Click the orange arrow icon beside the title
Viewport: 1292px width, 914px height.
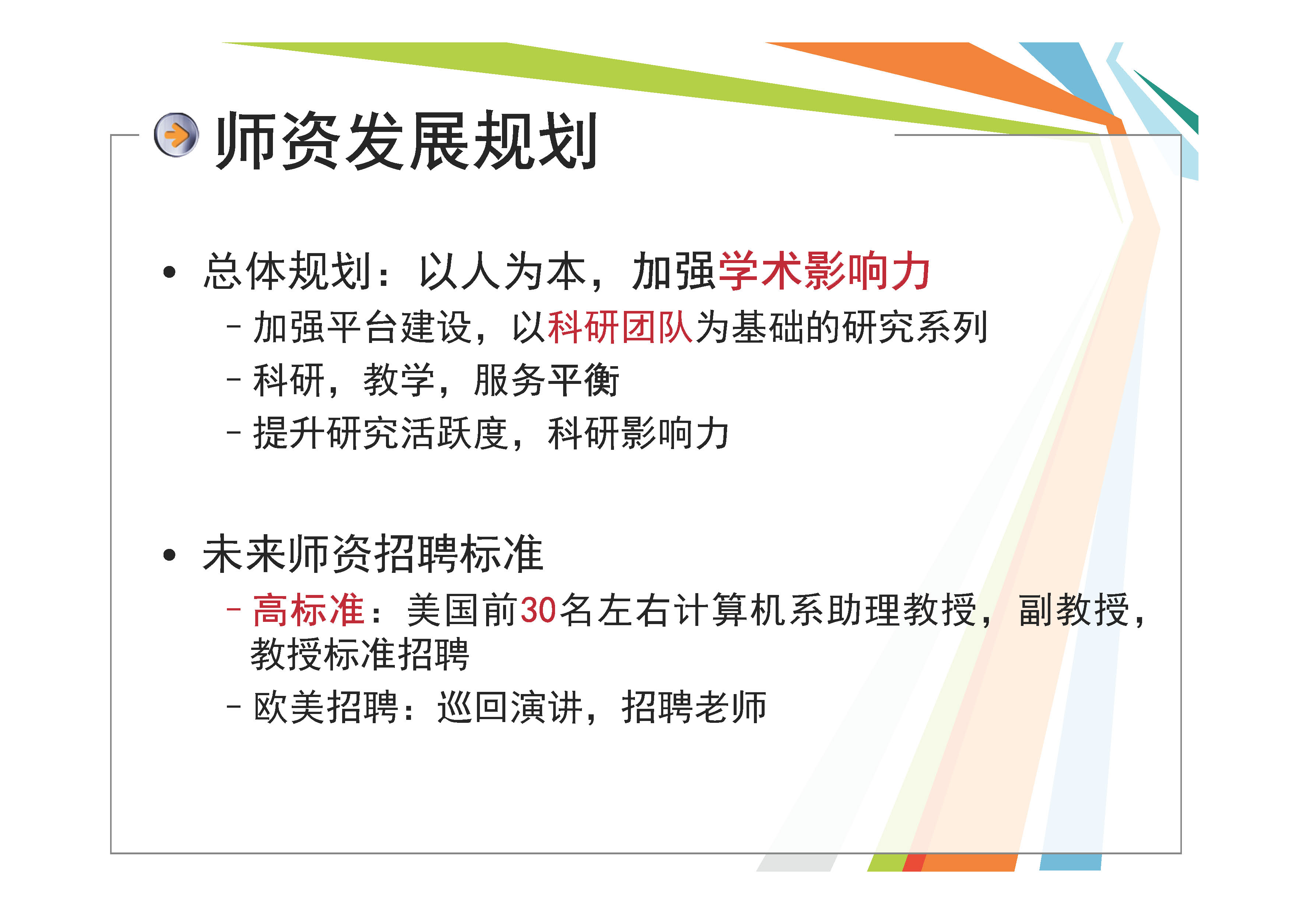click(176, 135)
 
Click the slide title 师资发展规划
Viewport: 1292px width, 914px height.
click(406, 141)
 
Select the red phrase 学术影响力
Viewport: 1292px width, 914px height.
click(823, 271)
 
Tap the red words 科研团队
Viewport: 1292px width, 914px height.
click(619, 327)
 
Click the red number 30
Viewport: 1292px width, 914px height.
click(538, 610)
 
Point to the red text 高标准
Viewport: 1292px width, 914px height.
click(308, 610)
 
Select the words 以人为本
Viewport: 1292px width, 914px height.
click(502, 271)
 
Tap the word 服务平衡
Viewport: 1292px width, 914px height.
click(547, 381)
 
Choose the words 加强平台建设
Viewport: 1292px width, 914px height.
click(362, 327)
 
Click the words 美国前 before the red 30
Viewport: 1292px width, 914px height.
click(463, 610)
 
